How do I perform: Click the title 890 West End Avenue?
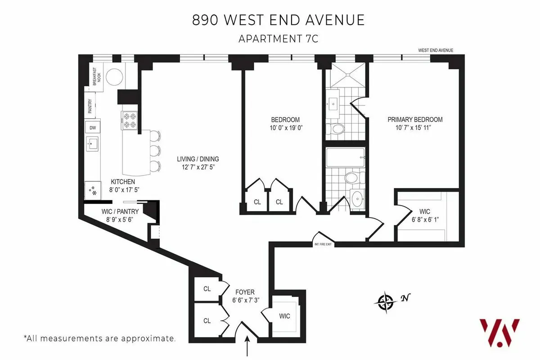click(279, 21)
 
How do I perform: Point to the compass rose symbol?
click(386, 302)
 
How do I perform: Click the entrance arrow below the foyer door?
click(247, 348)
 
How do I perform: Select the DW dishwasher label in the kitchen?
click(93, 128)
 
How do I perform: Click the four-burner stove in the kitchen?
click(129, 120)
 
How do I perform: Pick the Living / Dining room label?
click(198, 159)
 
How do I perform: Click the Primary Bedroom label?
click(415, 120)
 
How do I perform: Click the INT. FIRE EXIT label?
click(323, 245)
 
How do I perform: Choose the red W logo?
click(499, 332)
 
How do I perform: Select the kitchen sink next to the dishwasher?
click(93, 145)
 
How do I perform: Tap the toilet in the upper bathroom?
click(335, 130)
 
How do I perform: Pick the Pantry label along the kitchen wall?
click(90, 106)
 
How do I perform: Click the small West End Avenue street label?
click(435, 50)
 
